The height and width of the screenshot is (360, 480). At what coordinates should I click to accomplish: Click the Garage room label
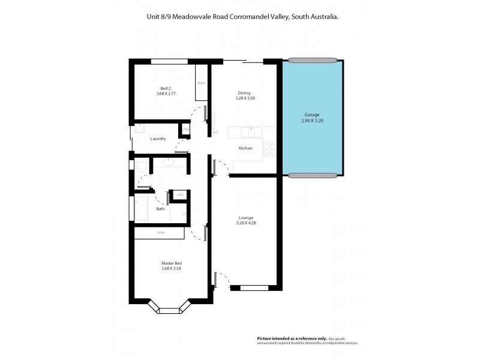point(312,115)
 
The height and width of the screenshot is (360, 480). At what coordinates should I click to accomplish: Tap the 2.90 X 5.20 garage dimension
point(312,121)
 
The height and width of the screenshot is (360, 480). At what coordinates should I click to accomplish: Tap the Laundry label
point(158,139)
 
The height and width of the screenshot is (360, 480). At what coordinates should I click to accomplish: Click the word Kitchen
point(245,148)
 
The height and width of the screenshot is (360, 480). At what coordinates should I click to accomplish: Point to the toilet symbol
point(142,166)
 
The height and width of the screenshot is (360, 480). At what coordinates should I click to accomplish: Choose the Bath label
point(160,209)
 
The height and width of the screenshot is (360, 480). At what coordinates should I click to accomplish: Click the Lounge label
point(245,217)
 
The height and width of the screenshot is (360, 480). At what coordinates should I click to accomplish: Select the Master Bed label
point(171,263)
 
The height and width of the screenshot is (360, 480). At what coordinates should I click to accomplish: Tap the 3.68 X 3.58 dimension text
point(171,268)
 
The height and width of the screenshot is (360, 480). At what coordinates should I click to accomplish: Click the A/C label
point(215,133)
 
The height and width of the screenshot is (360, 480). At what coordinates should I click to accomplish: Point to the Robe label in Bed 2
point(201,83)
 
